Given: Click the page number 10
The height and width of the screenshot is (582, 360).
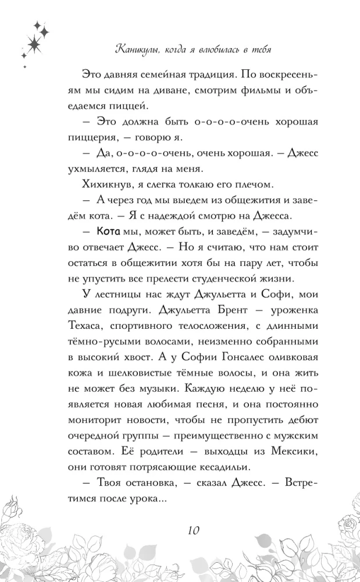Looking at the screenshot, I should [194, 530].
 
